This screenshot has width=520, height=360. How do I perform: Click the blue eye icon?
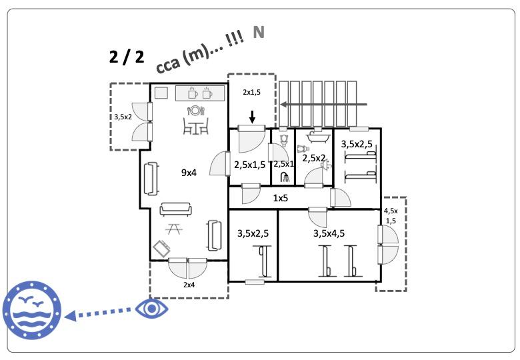click(x=152, y=308)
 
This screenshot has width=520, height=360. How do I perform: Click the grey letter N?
click(x=259, y=33)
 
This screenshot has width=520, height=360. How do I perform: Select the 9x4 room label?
click(x=189, y=173)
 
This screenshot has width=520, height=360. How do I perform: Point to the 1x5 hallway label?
click(x=281, y=198)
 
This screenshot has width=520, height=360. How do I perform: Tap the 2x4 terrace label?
click(x=189, y=285)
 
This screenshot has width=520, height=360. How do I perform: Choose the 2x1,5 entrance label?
click(x=252, y=92)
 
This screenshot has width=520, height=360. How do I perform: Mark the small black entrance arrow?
click(x=251, y=117)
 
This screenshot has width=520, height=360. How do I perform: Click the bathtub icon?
click(x=313, y=140)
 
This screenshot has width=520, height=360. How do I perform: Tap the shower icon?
click(x=285, y=177)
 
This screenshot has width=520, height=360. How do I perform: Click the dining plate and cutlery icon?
click(x=195, y=111)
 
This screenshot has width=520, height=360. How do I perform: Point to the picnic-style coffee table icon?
click(x=175, y=229)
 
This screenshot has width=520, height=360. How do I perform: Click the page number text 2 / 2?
click(x=127, y=56)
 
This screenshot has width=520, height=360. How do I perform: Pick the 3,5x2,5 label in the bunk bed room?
click(x=357, y=143)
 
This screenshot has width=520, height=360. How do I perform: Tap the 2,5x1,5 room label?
click(x=250, y=165)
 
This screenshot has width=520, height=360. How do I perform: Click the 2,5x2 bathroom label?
click(x=314, y=159)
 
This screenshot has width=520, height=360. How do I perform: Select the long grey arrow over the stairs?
click(x=323, y=105)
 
